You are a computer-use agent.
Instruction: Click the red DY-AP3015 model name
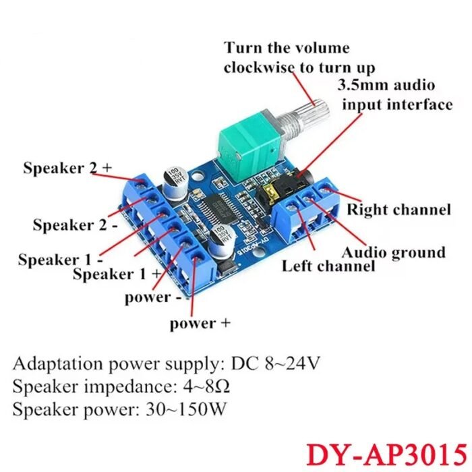386,454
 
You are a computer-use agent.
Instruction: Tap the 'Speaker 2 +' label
67,168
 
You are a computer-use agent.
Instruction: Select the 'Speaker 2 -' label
76,225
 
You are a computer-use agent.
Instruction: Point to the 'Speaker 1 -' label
60,260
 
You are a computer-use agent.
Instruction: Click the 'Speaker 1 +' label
117,274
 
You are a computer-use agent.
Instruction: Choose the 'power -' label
153,298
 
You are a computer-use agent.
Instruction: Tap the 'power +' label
200,324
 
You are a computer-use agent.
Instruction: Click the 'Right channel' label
399,210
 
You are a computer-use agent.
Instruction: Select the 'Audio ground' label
394,253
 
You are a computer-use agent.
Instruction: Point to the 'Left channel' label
328,266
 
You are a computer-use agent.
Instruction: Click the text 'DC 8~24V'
275,363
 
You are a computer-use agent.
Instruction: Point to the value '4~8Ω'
206,386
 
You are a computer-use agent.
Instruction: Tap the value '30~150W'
185,409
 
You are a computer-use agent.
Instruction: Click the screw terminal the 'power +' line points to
196,260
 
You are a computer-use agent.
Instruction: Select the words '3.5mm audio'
386,86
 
